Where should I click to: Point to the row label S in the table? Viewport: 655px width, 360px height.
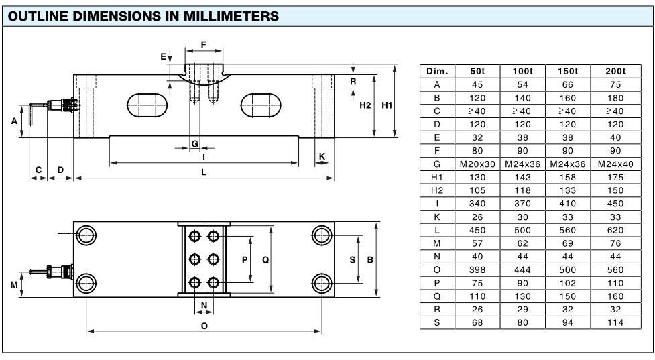437,323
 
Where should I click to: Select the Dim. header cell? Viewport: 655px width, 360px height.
437,72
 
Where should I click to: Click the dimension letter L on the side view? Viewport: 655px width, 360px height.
204,171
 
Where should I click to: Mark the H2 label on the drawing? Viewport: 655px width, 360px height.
365,105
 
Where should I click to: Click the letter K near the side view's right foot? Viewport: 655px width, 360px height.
322,156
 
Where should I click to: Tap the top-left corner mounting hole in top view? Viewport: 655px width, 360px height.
86,234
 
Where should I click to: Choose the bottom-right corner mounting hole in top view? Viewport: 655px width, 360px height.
322,280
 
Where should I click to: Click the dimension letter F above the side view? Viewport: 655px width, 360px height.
203,45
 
